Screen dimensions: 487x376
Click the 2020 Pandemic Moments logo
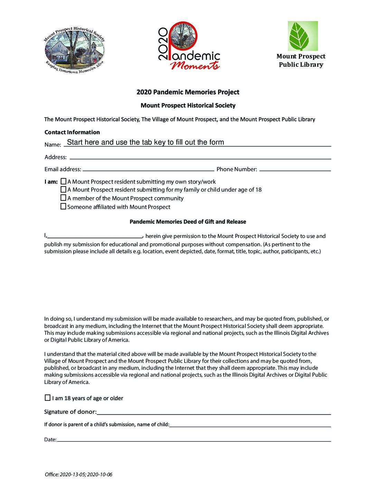(189, 46)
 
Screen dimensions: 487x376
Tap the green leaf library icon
(303, 36)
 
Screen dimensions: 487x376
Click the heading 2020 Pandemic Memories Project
(188, 92)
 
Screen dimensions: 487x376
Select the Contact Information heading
(72, 132)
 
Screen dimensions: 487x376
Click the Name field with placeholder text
(197, 143)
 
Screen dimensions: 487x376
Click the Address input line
(200, 156)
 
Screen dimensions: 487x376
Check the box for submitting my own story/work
(63, 181)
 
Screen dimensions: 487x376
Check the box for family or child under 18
(63, 190)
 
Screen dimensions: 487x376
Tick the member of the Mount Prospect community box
(63, 198)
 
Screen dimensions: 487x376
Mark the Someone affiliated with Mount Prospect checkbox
(63, 206)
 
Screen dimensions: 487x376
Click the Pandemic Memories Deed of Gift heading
(188, 222)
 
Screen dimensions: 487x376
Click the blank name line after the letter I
(95, 236)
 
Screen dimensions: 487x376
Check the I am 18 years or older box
(48, 398)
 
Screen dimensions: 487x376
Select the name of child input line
(250, 424)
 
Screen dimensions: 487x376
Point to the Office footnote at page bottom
(78, 475)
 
